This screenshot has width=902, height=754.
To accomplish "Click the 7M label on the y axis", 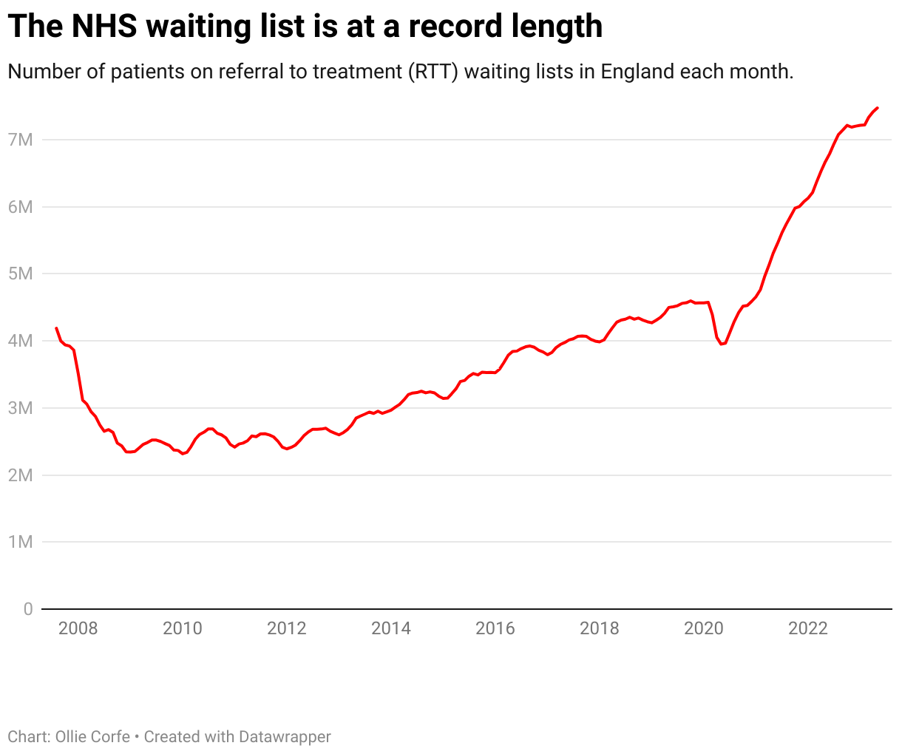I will [x=21, y=140].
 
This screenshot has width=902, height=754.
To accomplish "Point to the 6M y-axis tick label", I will [x=21, y=207].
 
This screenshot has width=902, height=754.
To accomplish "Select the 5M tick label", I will [x=21, y=274].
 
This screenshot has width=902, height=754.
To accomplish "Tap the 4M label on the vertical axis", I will [x=21, y=341].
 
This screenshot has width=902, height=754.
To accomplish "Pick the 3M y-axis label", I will [x=21, y=408].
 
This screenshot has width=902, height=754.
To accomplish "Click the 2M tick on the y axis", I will [x=21, y=475].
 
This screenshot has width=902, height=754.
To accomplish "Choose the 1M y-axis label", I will [x=21, y=542].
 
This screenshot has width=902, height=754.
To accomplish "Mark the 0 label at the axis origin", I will [x=28, y=609].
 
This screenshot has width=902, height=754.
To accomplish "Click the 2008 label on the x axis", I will [x=78, y=628].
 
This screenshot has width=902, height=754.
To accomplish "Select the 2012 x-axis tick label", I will [x=286, y=628].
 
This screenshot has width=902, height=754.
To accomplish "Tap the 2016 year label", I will [x=495, y=628].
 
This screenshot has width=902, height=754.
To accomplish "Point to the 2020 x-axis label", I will [x=703, y=628].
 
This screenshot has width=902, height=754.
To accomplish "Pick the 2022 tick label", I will [x=807, y=628].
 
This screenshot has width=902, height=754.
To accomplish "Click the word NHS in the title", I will [x=104, y=27].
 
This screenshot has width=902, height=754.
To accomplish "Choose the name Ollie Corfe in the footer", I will [x=89, y=737].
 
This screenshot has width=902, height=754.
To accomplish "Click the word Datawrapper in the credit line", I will [x=285, y=737].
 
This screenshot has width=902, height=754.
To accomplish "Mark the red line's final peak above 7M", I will [x=877, y=108].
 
